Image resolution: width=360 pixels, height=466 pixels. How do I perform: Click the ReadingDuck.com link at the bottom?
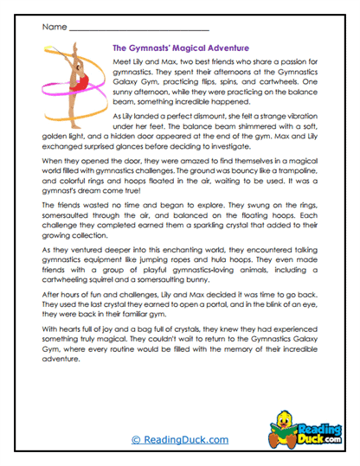pos(179,440)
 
